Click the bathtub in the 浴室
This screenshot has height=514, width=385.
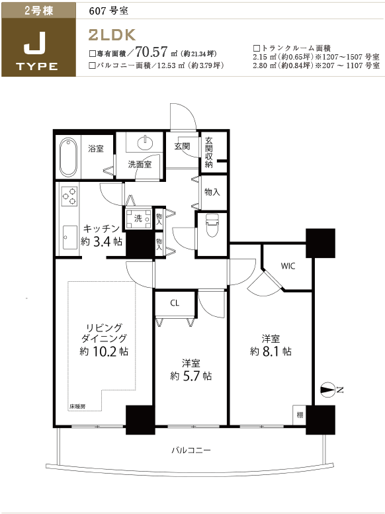pyautogui.click(x=69, y=157)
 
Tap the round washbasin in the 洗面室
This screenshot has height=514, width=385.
pyautogui.click(x=146, y=143)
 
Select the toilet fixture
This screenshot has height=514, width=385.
pyautogui.click(x=212, y=225)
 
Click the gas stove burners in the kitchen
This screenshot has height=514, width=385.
pyautogui.click(x=69, y=196)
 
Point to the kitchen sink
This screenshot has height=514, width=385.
pyautogui.click(x=70, y=237)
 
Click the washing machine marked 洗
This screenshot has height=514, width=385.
pyautogui.click(x=138, y=218)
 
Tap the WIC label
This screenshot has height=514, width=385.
pyautogui.click(x=288, y=266)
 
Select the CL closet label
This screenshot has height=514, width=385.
pyautogui.click(x=175, y=303)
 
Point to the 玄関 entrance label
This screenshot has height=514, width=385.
pyautogui.click(x=182, y=146)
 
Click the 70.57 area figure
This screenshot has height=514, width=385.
pyautogui.click(x=151, y=52)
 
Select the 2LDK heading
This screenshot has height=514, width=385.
pyautogui.click(x=112, y=35)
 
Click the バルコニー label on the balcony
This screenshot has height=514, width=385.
pyautogui.click(x=191, y=450)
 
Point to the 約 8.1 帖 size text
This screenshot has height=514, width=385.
pyautogui.click(x=271, y=351)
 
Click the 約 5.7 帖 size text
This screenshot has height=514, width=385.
pyautogui.click(x=191, y=376)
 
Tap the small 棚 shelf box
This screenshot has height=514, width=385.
pyautogui.click(x=299, y=415)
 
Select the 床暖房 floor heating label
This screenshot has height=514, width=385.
pyautogui.click(x=77, y=406)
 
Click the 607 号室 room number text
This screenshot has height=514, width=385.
pyautogui.click(x=108, y=11)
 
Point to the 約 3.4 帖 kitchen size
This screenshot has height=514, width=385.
pyautogui.click(x=102, y=241)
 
